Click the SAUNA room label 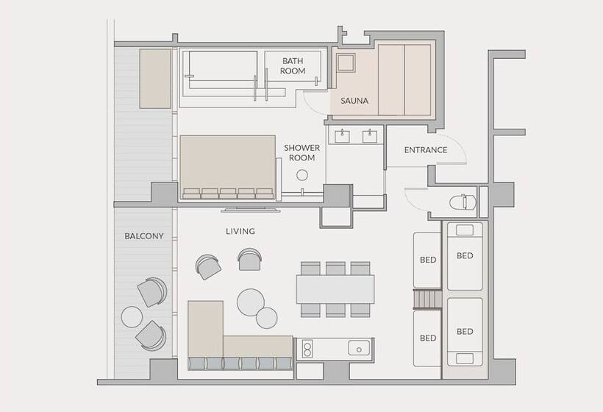pos(354,101)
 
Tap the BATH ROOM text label pos(293,65)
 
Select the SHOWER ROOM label pos(302,153)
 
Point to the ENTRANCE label pos(426,150)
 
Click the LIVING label pos(240,231)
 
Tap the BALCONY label pos(144,236)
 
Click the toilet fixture pos(463,202)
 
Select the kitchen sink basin pos(359,348)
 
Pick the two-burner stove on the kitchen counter pos(307,349)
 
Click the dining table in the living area pos(335,289)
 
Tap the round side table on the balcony pos(132,317)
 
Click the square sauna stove pos(346,63)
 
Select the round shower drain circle pos(302,175)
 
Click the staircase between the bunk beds pos(427,299)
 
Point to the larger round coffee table pos(251,302)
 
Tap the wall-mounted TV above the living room pos(250,210)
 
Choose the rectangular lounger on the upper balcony pos(155,79)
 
